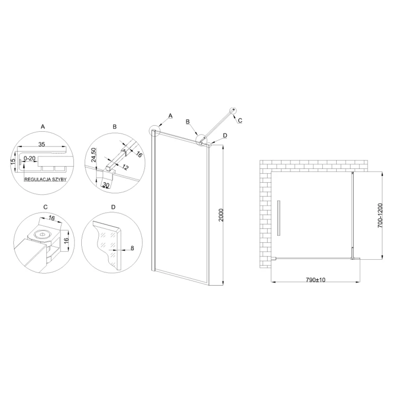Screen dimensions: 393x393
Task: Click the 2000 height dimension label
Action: point(221,215)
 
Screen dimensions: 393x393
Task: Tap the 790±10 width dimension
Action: point(315,280)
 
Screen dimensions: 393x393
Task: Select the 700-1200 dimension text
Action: point(380,215)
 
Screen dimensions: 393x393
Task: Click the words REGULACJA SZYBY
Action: point(45,180)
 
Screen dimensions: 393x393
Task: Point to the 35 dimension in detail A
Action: point(41,144)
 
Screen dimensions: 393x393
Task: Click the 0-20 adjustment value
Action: point(30,158)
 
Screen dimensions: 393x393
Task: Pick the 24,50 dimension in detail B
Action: point(93,155)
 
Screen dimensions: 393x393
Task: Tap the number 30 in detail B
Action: point(106,185)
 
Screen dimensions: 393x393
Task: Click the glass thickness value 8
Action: point(132,248)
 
